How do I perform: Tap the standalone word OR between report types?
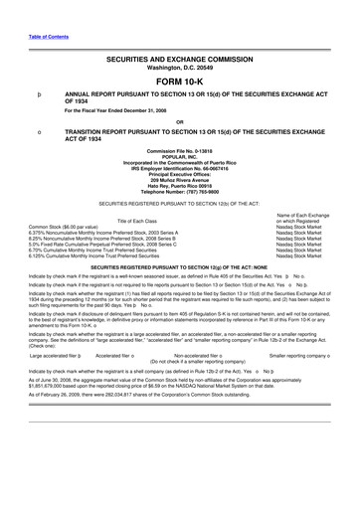pyautogui.click(x=180, y=122)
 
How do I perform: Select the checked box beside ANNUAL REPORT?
pyautogui.click(x=39, y=95)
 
